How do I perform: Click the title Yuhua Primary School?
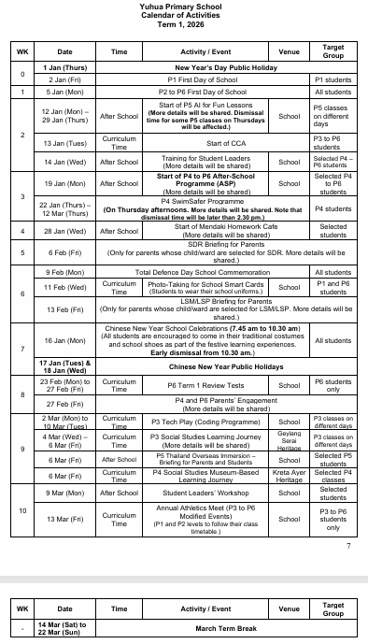(x=183, y=7)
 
